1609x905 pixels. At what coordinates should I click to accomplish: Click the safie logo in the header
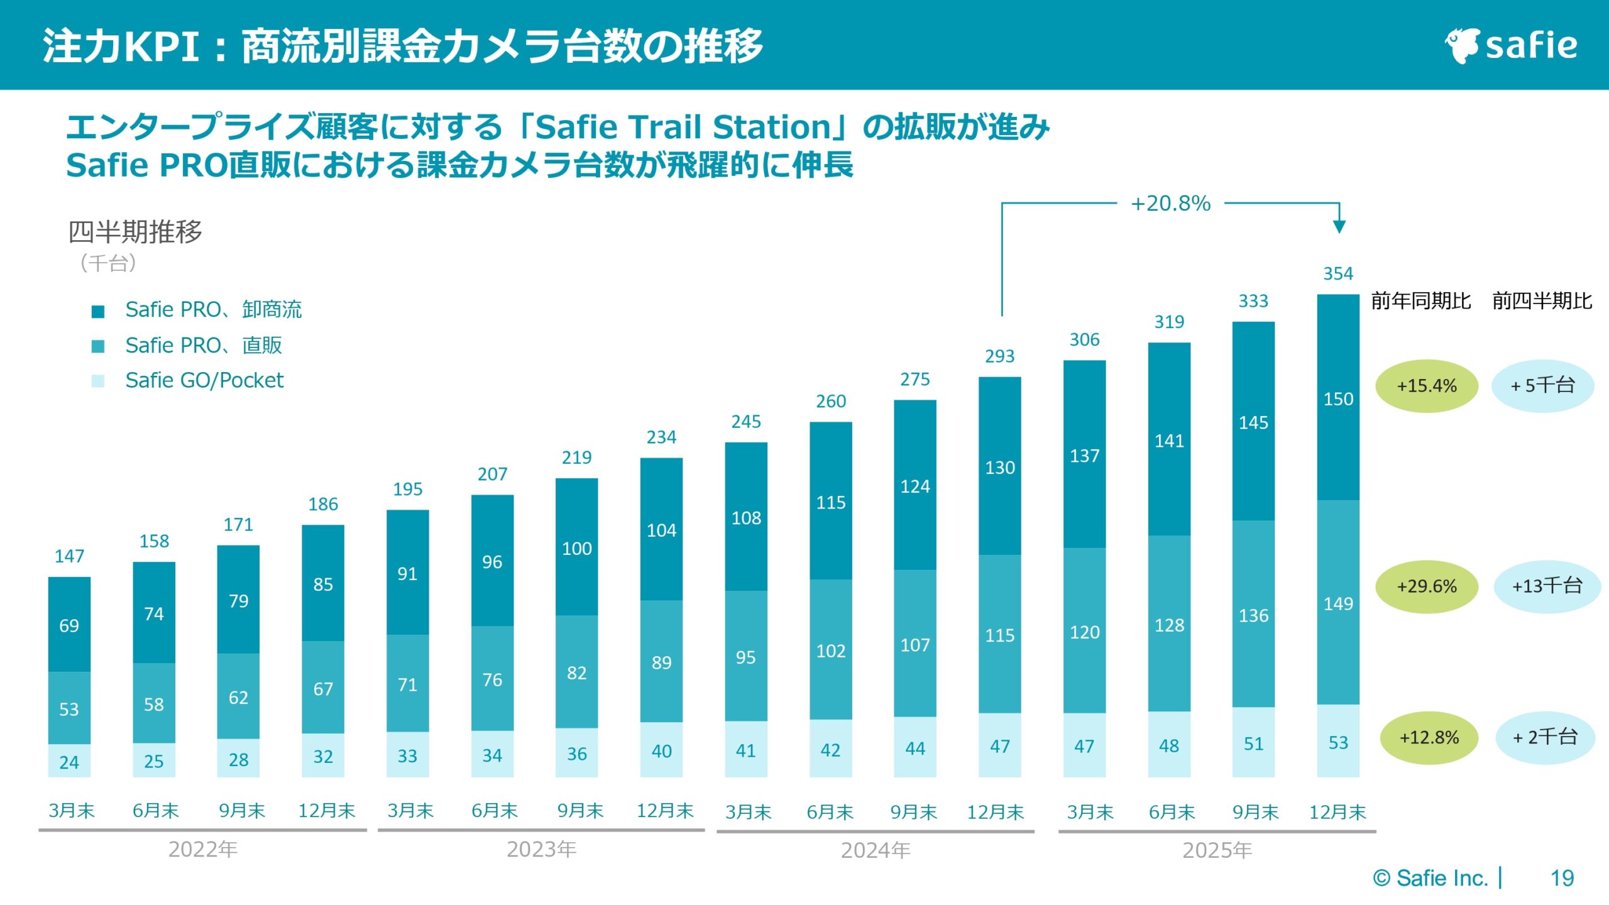(1511, 45)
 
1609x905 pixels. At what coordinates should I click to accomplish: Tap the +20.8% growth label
(1170, 204)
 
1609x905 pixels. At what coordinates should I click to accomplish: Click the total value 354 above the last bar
(1338, 274)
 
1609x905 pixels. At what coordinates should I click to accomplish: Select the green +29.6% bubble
(1426, 586)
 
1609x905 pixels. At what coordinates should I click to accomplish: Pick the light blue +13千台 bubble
(1546, 586)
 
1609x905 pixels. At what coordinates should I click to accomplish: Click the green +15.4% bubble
(1426, 386)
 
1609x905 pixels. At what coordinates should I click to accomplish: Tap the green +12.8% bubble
(1429, 738)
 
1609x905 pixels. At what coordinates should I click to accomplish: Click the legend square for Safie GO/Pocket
(98, 381)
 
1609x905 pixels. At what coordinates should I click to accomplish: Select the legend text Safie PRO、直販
(204, 345)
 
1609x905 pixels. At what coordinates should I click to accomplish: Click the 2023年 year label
(541, 850)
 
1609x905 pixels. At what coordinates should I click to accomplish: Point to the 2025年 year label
(1217, 850)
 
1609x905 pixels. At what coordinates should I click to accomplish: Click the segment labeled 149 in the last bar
(1338, 603)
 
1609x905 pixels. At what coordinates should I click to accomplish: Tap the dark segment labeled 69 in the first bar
(69, 625)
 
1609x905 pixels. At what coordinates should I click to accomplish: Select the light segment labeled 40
(661, 750)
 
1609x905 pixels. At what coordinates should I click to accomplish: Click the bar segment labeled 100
(576, 548)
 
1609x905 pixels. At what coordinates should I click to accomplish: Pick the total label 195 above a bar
(407, 489)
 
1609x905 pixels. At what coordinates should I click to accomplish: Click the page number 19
(1562, 878)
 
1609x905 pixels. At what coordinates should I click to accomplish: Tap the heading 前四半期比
(1542, 301)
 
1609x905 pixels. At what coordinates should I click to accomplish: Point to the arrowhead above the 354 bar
(1339, 227)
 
